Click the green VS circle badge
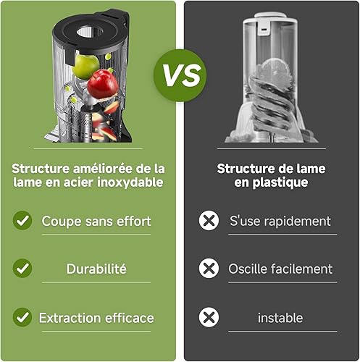180,75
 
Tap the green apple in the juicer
85,67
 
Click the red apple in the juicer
103,84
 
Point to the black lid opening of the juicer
90,32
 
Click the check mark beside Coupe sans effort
22,220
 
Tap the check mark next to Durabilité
22,268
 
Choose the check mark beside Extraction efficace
22,317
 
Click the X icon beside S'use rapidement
209,220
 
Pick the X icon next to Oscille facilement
209,268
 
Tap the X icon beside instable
209,317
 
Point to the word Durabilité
96,269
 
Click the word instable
280,318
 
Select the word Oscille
247,269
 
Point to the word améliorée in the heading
103,169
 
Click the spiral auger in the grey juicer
273,104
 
